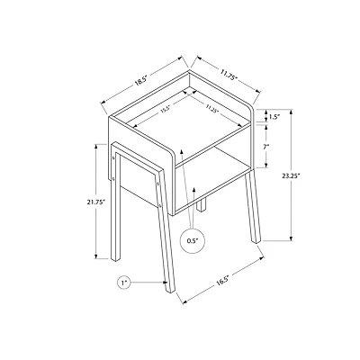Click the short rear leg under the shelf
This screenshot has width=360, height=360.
(200, 209)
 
